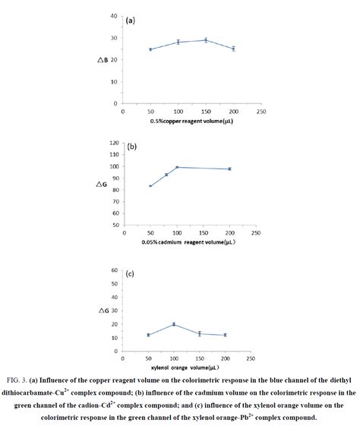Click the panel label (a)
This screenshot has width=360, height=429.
[131, 21]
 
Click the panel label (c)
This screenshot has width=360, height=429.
[131, 274]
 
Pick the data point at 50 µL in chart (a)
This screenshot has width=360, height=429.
[150, 49]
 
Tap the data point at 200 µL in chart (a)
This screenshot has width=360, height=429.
[233, 49]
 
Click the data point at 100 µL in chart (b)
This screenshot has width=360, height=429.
[177, 167]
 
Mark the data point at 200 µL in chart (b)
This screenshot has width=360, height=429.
[229, 169]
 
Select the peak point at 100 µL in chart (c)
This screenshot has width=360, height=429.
[174, 324]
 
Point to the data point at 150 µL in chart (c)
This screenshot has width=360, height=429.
[199, 333]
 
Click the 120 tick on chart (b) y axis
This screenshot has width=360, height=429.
[113, 143]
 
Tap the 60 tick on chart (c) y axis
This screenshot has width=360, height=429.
[113, 270]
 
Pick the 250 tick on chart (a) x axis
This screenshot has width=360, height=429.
[261, 111]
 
